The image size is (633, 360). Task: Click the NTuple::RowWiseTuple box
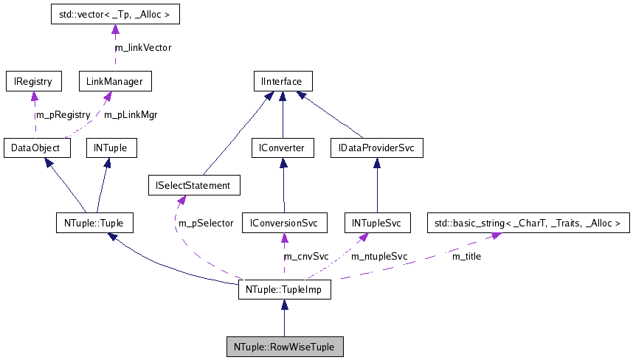coord(284,346)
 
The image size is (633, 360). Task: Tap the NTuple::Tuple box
coord(94,222)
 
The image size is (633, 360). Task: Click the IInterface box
coord(282,80)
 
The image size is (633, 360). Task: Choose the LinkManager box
coord(114,80)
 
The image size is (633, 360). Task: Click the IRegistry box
coord(33,80)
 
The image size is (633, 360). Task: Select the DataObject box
coord(36,148)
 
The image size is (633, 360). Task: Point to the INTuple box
coord(111,148)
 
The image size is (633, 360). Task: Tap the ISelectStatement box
coord(194,185)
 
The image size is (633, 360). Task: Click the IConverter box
coord(283,148)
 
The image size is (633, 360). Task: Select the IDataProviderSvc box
coord(376,148)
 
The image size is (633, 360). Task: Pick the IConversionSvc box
coord(284,222)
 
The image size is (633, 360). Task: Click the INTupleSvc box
coord(376,222)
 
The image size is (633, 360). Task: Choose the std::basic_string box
coord(529,222)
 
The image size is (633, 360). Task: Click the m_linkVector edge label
coord(142,47)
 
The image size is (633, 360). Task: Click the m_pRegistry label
coord(63,114)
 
